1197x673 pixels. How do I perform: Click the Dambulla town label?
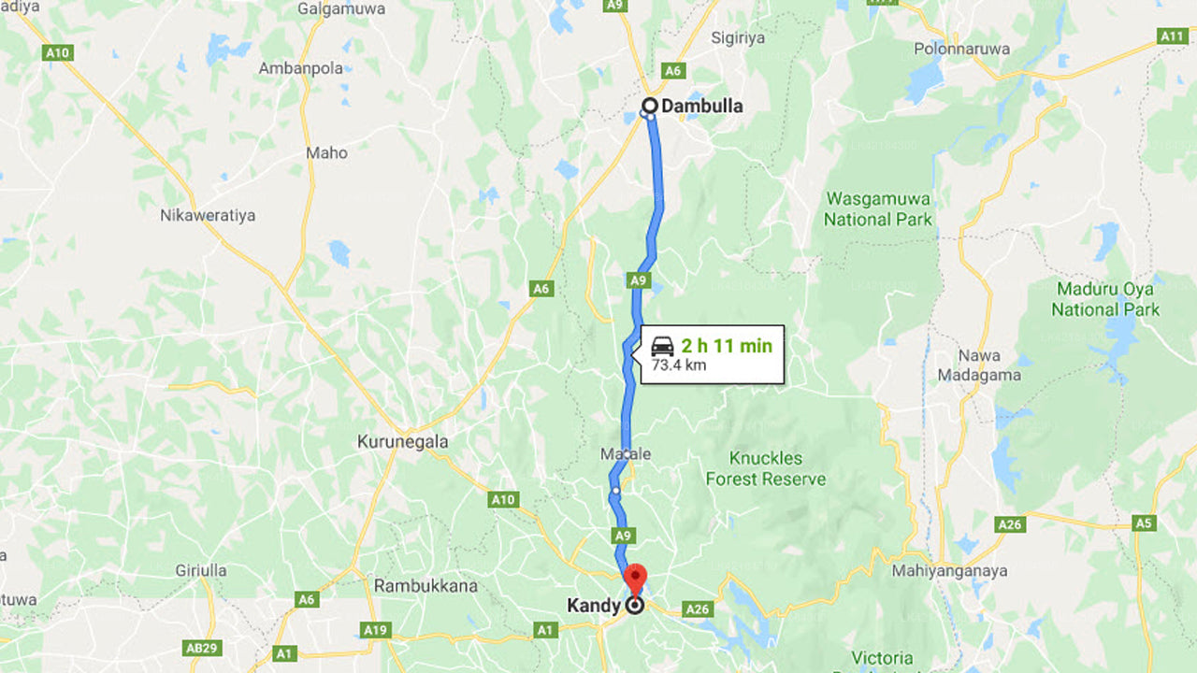701,106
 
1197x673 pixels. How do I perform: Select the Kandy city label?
594,606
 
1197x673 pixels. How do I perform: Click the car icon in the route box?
663,345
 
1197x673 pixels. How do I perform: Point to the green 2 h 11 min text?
727,346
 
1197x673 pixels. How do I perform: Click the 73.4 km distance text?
678,365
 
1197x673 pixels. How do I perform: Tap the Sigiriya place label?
738,37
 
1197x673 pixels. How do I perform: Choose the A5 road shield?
1143,523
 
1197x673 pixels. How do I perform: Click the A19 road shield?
376,630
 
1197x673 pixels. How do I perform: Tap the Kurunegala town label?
403,441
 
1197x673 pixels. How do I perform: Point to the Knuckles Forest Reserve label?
766,468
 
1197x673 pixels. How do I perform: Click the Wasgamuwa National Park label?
878,208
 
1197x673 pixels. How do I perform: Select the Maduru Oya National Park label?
1105,298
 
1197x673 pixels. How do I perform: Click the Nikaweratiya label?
208,215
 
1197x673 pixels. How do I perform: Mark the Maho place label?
327,152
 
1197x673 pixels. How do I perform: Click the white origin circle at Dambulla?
649,106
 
